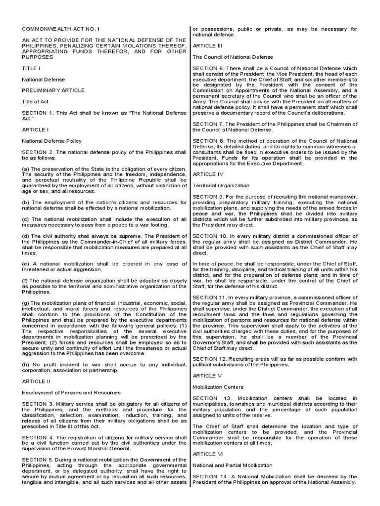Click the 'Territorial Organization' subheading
[221, 186]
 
